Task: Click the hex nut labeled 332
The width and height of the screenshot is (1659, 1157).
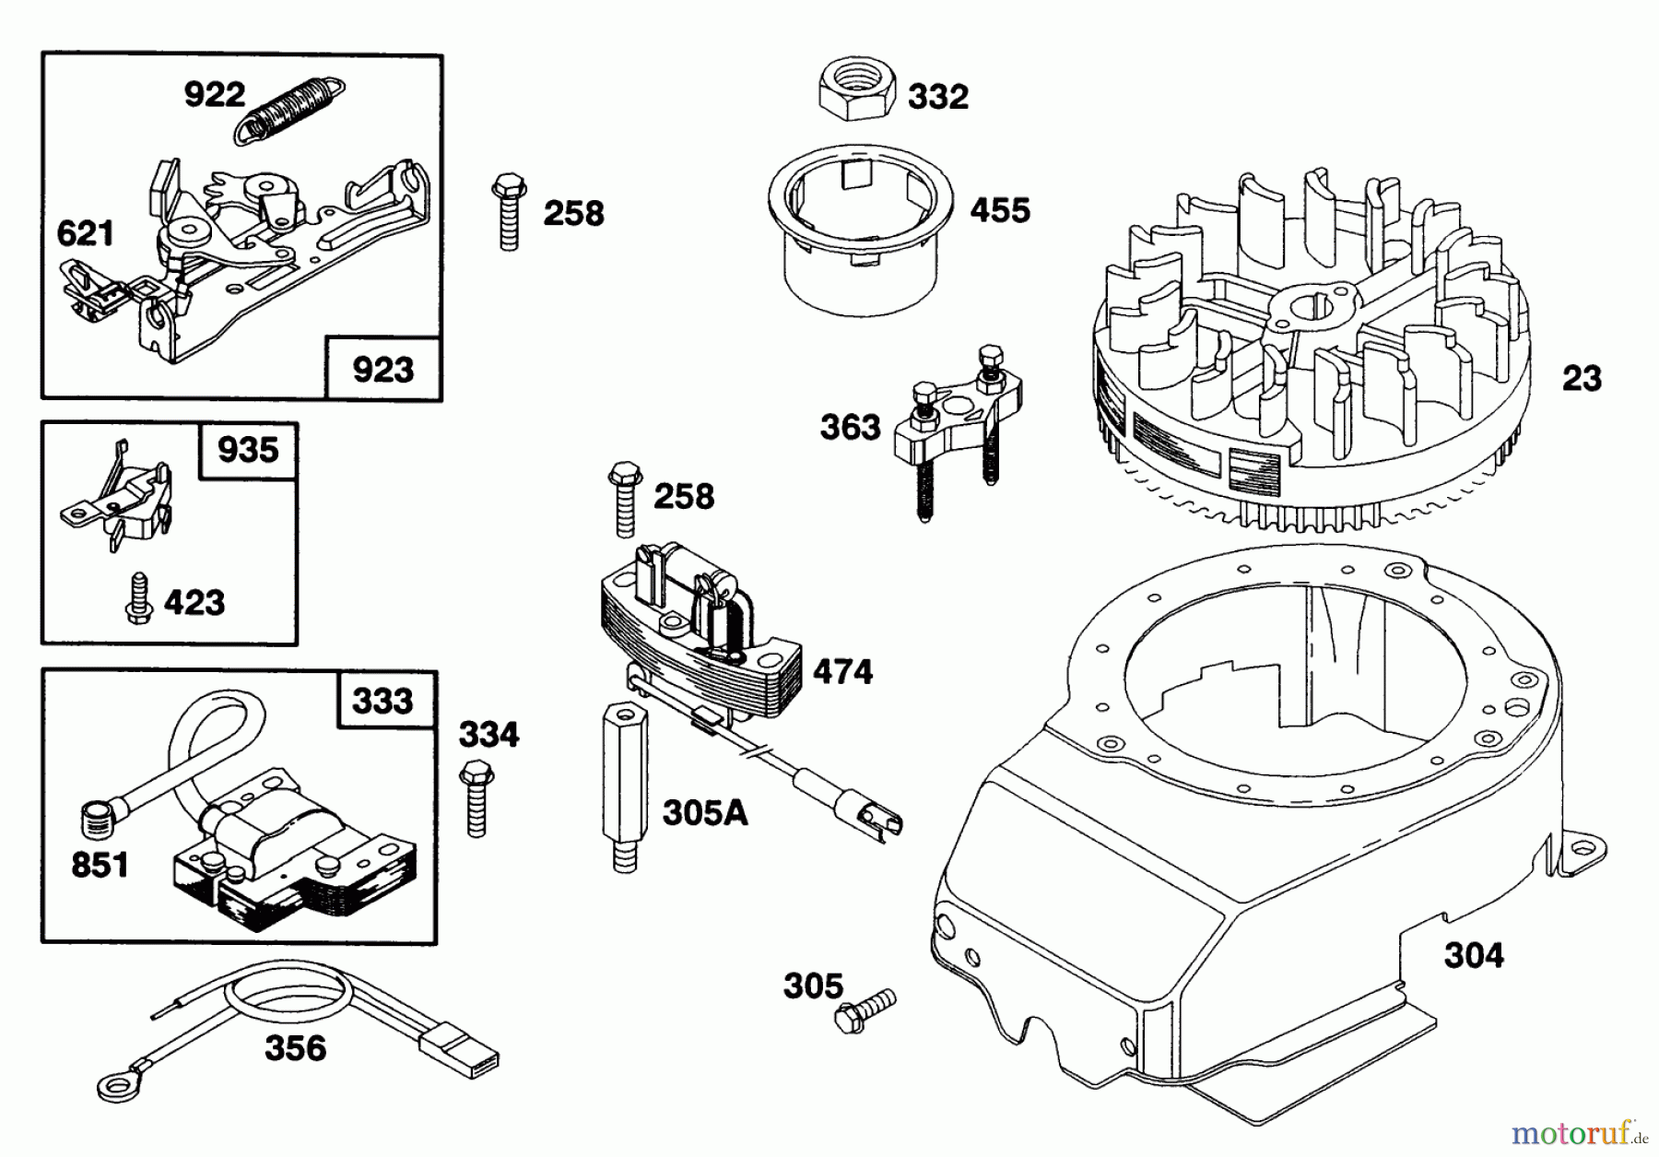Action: [x=855, y=94]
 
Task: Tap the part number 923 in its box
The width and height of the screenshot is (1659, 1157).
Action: [x=383, y=370]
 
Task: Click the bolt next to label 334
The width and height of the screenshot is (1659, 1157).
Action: [x=476, y=797]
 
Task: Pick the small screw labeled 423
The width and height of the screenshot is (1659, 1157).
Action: [x=139, y=599]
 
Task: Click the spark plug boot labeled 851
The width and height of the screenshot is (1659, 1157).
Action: [x=93, y=815]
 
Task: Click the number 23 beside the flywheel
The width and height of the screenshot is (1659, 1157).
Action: [x=1582, y=378]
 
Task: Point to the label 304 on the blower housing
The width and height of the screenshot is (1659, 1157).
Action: [x=1473, y=955]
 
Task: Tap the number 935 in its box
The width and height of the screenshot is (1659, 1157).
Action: [x=248, y=450]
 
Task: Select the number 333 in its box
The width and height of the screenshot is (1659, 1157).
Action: [x=382, y=701]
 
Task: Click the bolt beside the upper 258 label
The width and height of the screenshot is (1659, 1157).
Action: [x=508, y=212]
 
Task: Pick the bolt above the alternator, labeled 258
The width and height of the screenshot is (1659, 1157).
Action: [x=624, y=500]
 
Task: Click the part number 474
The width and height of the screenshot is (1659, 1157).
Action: [x=842, y=671]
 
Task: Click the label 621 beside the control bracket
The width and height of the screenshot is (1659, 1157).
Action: [x=85, y=233]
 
